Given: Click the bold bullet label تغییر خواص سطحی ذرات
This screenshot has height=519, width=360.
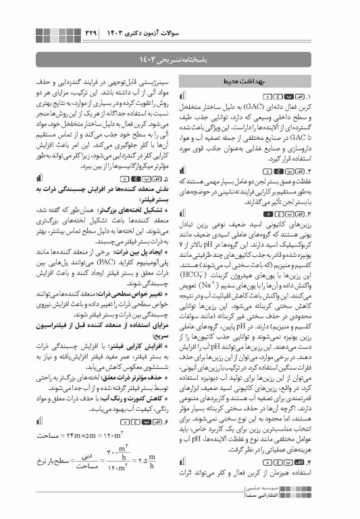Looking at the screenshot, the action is (x=129, y=295).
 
